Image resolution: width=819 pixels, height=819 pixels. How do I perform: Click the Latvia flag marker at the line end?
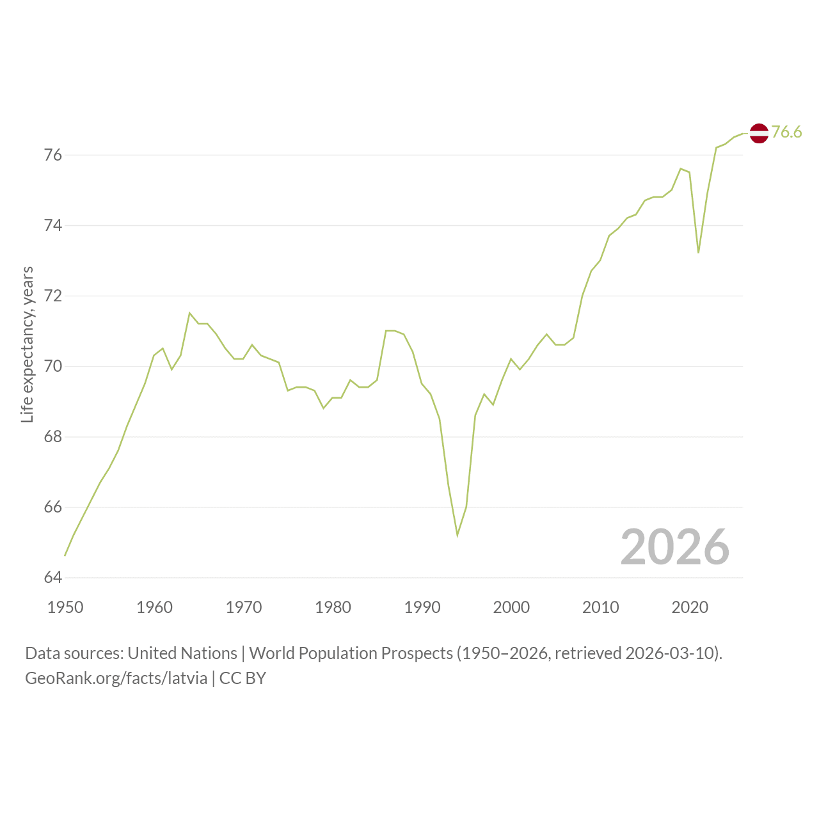(x=759, y=134)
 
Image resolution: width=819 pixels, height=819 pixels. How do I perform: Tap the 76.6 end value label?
(x=786, y=132)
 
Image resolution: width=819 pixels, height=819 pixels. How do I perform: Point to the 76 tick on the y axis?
(x=53, y=155)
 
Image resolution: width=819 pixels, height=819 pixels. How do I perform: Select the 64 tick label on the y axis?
(x=53, y=577)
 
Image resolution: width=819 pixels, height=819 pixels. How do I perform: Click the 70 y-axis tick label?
(x=53, y=366)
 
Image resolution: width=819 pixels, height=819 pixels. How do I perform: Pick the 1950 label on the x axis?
(x=65, y=607)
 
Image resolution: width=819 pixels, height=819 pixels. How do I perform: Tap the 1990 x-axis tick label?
(x=422, y=607)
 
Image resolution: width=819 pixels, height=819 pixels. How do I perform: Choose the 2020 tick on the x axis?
(x=690, y=607)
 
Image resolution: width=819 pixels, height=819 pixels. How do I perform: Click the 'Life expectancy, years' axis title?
(x=28, y=345)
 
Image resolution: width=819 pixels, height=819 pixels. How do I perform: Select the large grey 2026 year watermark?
(x=675, y=546)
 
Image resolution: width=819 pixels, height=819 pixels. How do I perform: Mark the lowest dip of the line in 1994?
(x=457, y=536)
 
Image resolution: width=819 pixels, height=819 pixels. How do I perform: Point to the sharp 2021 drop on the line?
(x=698, y=253)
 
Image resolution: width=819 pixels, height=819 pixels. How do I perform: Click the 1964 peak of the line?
(x=189, y=313)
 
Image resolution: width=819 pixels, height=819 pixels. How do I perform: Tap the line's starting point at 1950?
(x=65, y=555)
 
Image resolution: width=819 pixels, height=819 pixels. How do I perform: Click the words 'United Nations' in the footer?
(x=182, y=653)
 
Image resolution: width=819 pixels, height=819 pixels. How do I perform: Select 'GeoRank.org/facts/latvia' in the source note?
(x=116, y=678)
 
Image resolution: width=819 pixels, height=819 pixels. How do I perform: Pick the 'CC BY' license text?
(x=243, y=678)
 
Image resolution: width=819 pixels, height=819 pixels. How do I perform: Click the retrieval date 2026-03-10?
(x=669, y=653)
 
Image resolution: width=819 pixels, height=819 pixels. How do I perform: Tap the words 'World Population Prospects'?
(x=351, y=653)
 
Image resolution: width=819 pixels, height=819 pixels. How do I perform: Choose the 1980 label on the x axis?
(x=333, y=607)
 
